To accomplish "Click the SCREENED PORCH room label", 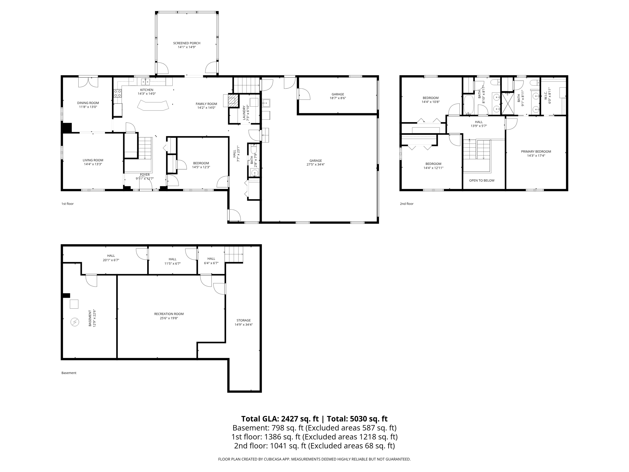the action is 187,43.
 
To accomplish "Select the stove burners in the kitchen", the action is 118,93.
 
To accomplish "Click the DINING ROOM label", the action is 88,103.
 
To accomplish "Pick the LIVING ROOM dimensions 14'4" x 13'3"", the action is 93,164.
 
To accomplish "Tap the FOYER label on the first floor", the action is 145,175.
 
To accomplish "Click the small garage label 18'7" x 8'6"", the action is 338,98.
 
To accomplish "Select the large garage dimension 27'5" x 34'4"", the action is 315,164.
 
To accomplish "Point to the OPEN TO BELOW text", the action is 482,180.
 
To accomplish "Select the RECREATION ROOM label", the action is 169,314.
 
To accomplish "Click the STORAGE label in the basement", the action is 243,320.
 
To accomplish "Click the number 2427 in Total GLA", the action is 290,419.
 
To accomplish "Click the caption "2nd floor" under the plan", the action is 407,204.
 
